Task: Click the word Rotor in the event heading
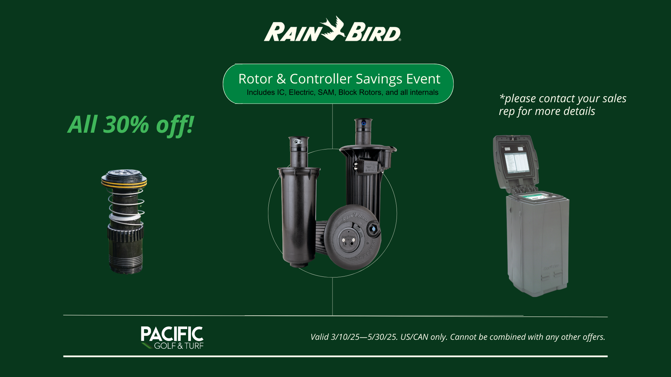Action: coord(255,79)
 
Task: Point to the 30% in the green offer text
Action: coord(126,125)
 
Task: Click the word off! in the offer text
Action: coord(175,125)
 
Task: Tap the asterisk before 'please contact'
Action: coord(502,97)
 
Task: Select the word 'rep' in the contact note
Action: coord(507,112)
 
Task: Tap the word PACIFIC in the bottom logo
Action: coord(172,334)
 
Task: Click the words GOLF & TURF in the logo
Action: coord(179,346)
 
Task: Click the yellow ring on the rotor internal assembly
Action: coord(124,183)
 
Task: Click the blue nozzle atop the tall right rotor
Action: coord(364,123)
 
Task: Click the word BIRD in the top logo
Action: coord(373,32)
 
